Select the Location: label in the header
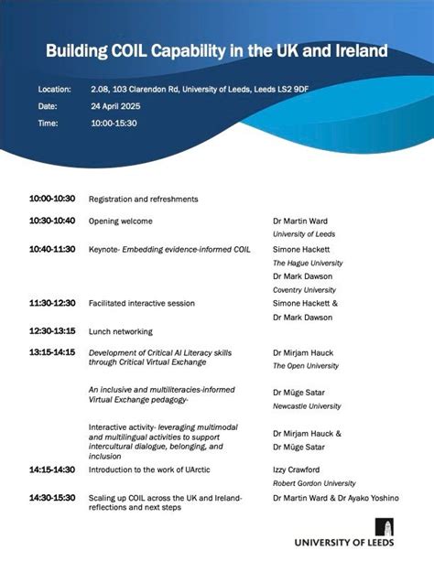click(x=55, y=90)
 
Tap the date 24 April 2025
click(x=115, y=106)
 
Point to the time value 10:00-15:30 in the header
click(x=114, y=123)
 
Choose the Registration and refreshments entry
click(x=143, y=199)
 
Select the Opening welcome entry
click(x=120, y=221)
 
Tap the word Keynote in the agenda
click(x=104, y=249)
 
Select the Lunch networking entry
click(x=120, y=331)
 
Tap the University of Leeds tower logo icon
click(x=384, y=526)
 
